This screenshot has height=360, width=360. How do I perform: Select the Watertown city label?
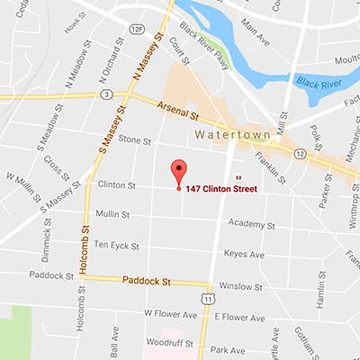tap(226, 136)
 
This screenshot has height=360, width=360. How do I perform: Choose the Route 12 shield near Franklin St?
tap(299, 155)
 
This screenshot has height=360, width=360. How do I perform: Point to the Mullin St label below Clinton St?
tap(115, 214)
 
